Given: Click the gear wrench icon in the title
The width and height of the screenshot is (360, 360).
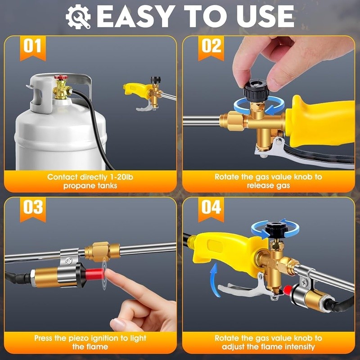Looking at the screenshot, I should click(x=78, y=17).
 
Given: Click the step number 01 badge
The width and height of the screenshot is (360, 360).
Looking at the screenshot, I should click(x=32, y=47).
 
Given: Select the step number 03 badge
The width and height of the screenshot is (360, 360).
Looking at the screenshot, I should click(x=32, y=208).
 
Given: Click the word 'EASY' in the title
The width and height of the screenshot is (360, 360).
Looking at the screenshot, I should click(x=135, y=17).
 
